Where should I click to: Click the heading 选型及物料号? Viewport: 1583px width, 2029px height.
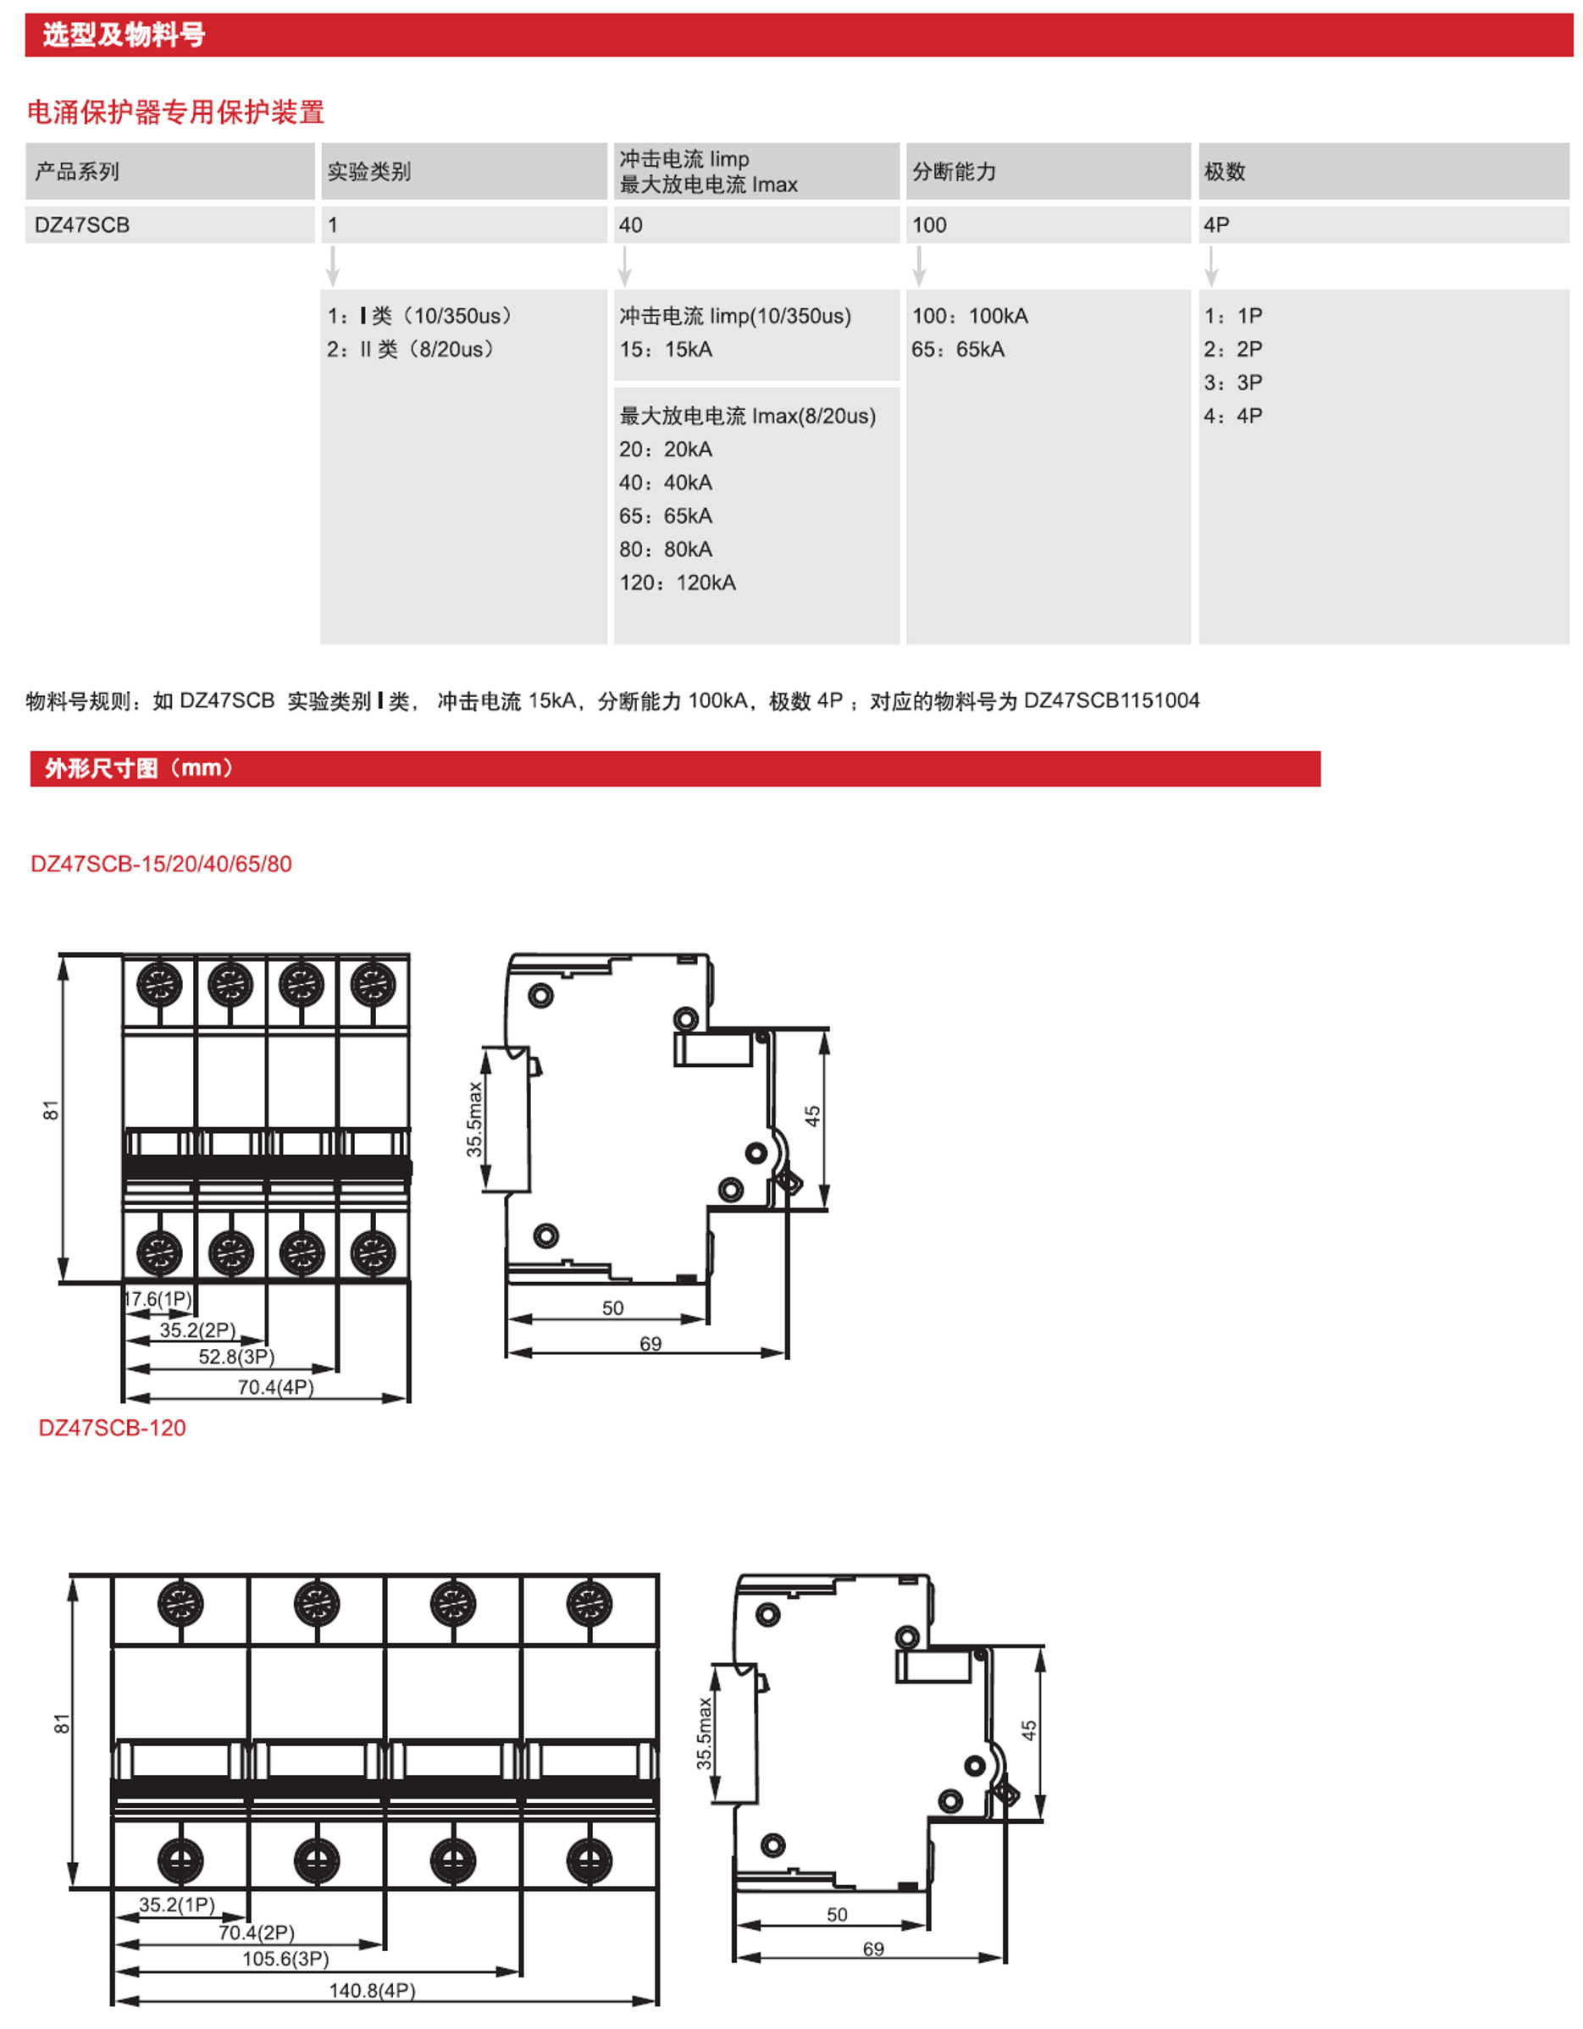(124, 36)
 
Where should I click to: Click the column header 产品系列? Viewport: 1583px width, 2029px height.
(77, 172)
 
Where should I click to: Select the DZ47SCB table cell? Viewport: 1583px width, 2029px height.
(82, 224)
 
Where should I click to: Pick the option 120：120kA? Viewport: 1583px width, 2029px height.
(678, 583)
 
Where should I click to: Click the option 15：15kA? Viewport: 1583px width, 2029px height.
(666, 349)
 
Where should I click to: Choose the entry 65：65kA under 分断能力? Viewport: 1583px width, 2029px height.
(958, 349)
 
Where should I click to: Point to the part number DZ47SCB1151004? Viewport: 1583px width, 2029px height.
(1111, 700)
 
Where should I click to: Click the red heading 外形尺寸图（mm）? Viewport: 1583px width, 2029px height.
(140, 768)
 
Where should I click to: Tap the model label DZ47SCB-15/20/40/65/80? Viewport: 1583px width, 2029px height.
(162, 864)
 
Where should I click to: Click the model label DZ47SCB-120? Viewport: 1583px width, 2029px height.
(113, 1428)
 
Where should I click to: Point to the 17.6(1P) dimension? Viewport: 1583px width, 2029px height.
(158, 1299)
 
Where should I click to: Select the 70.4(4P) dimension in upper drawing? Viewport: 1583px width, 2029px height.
(276, 1387)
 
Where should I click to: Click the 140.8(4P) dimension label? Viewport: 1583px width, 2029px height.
(372, 1991)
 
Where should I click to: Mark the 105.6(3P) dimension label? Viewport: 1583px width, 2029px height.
(285, 1960)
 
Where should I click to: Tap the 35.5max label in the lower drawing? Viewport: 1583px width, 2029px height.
(704, 1733)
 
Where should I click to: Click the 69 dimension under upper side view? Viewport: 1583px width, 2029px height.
(650, 1343)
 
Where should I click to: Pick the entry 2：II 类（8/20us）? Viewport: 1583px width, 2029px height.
(411, 349)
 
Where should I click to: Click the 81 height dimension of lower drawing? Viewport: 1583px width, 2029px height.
(61, 1723)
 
